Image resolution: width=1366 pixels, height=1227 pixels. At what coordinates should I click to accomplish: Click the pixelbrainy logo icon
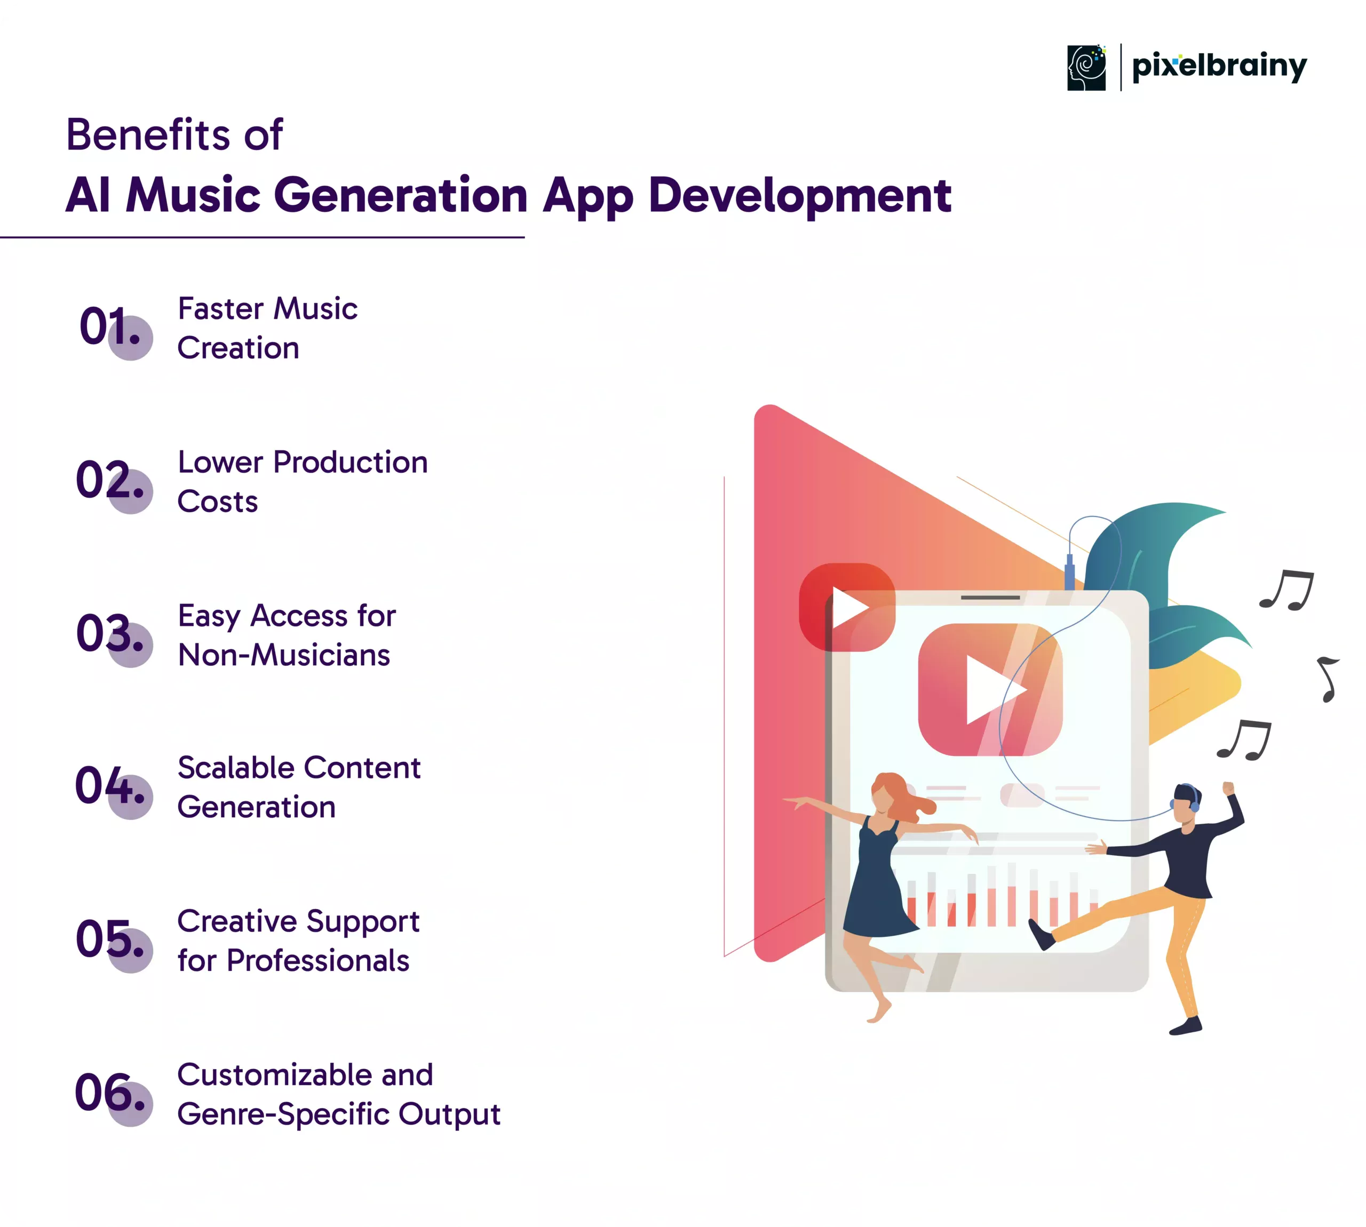[x=1086, y=67]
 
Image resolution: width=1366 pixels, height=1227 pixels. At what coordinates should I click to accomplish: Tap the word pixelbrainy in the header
[x=1219, y=67]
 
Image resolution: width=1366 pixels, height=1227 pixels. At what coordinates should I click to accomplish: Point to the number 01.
[x=110, y=326]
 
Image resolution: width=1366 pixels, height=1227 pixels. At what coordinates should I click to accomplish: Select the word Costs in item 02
[x=218, y=501]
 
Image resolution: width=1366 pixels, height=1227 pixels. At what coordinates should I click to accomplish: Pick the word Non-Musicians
[x=284, y=655]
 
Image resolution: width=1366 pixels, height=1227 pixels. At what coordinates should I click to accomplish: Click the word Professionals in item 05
[x=318, y=961]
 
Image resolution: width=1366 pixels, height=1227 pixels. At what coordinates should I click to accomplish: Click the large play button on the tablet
[x=990, y=689]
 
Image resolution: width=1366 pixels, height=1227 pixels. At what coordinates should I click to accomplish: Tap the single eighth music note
[x=1328, y=680]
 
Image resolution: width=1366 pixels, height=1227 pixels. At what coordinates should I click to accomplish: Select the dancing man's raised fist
[x=1228, y=787]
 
